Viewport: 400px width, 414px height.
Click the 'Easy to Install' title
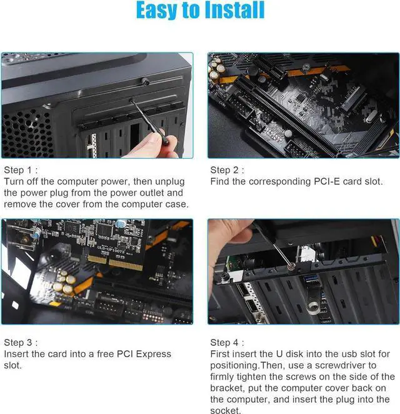200,11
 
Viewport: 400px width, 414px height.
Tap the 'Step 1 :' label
21,170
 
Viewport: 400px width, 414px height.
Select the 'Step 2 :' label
227,170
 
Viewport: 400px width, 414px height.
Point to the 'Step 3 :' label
21,342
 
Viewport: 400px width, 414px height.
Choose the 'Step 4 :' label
227,342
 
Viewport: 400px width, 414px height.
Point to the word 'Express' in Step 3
154,354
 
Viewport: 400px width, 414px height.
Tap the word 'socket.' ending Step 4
226,410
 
